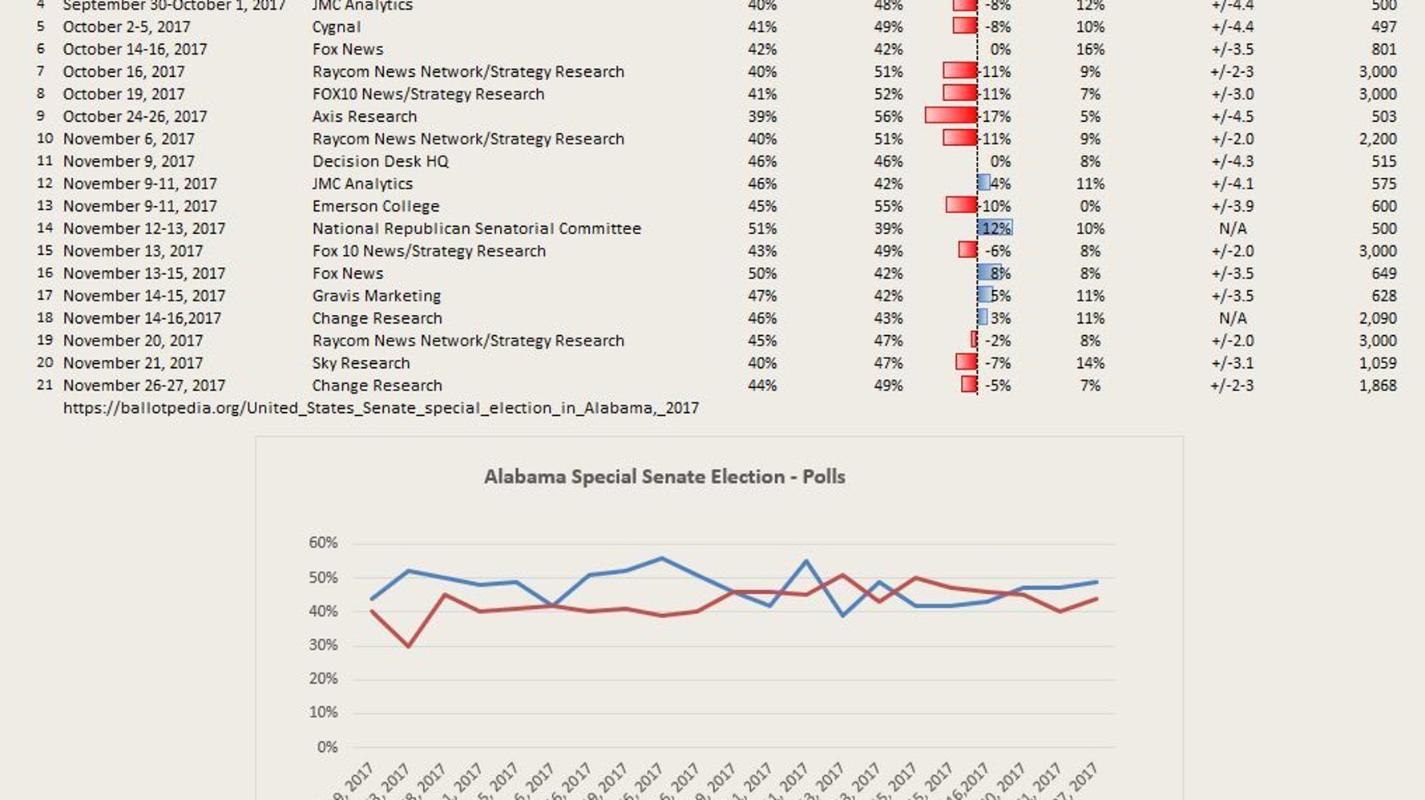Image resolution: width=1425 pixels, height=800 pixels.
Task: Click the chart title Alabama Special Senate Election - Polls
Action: tap(664, 477)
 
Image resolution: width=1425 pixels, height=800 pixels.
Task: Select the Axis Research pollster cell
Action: tap(365, 116)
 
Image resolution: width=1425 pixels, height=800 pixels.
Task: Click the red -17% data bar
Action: tap(951, 116)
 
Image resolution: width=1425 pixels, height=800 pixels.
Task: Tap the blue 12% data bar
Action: tap(995, 228)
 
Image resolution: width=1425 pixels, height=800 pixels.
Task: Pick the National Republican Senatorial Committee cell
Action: tap(477, 228)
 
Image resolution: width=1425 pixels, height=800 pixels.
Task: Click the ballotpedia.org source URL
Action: tap(381, 408)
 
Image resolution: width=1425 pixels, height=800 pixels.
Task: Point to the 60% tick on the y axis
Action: tap(323, 543)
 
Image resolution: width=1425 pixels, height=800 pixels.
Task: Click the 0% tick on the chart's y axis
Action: tap(327, 747)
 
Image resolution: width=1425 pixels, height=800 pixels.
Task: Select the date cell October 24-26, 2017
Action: tap(135, 116)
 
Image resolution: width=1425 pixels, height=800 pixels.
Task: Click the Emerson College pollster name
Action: tap(376, 206)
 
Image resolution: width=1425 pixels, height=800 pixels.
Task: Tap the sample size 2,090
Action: tap(1378, 318)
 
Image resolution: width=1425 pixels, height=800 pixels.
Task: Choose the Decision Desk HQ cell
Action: tap(381, 161)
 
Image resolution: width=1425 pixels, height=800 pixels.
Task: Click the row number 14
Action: tap(45, 228)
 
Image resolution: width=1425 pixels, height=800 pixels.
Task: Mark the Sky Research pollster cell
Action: tap(361, 363)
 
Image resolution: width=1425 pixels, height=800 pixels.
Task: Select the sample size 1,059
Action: tap(1378, 363)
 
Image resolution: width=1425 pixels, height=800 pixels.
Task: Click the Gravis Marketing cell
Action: tap(377, 296)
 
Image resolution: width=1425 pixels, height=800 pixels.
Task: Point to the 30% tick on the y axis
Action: tap(323, 645)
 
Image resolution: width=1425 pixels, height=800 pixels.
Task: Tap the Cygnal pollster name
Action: tap(337, 26)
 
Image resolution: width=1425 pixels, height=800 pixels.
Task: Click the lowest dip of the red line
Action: tap(409, 645)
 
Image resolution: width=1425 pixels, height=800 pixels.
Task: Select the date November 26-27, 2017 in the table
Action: tap(144, 386)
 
